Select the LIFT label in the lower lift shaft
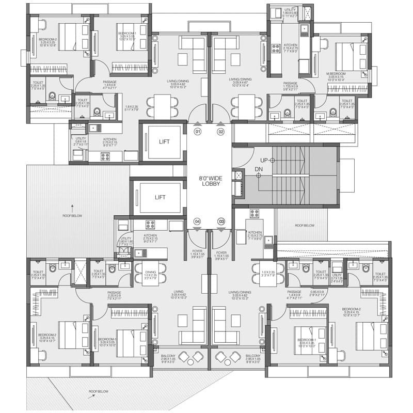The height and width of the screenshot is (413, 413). (161, 197)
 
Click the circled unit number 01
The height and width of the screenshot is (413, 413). (197, 132)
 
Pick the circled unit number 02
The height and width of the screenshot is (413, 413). (221, 132)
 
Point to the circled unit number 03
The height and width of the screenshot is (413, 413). (221, 221)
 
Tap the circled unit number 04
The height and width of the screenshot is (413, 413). (197, 221)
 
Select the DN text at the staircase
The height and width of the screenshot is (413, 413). (259, 169)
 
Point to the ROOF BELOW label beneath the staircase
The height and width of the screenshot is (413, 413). (305, 226)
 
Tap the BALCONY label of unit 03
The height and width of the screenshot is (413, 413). (253, 358)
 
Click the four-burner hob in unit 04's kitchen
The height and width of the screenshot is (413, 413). (150, 225)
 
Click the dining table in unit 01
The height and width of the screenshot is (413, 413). (162, 107)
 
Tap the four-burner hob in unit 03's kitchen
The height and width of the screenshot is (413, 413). (255, 213)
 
